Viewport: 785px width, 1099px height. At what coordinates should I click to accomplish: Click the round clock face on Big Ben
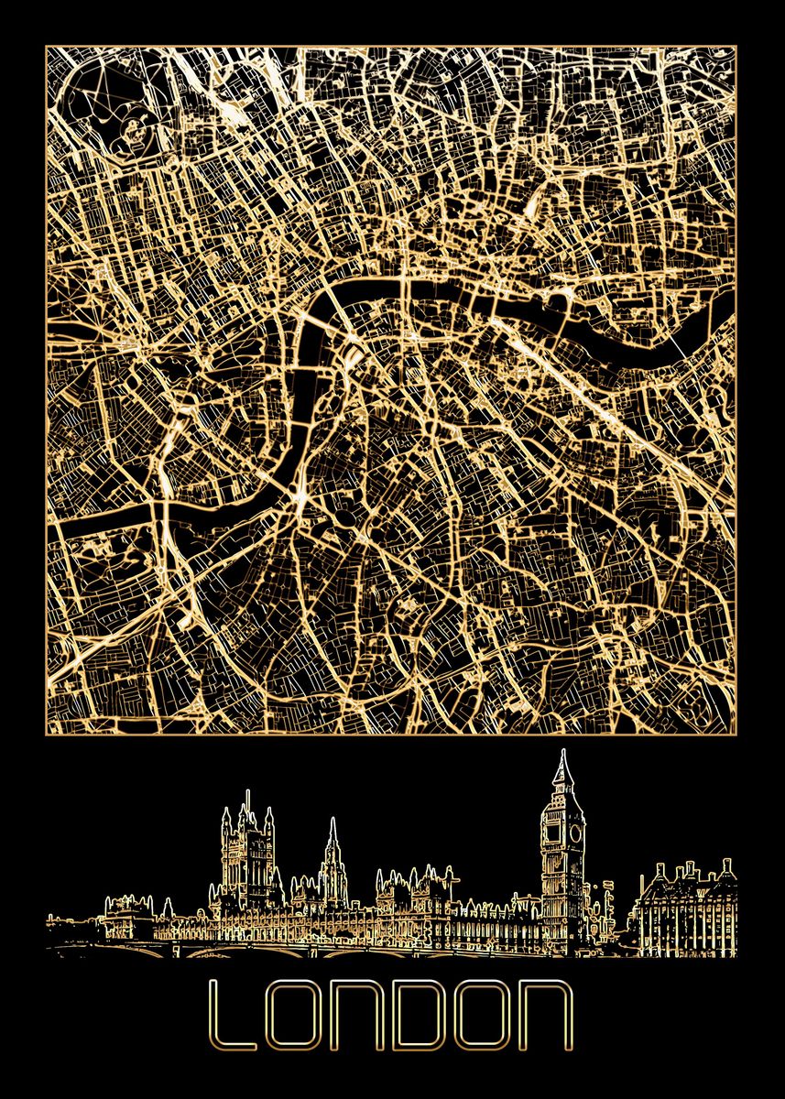pos(574,833)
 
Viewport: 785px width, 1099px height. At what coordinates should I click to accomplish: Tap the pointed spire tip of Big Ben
pos(561,754)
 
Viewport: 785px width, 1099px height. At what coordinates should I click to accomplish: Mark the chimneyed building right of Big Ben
pos(682,911)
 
